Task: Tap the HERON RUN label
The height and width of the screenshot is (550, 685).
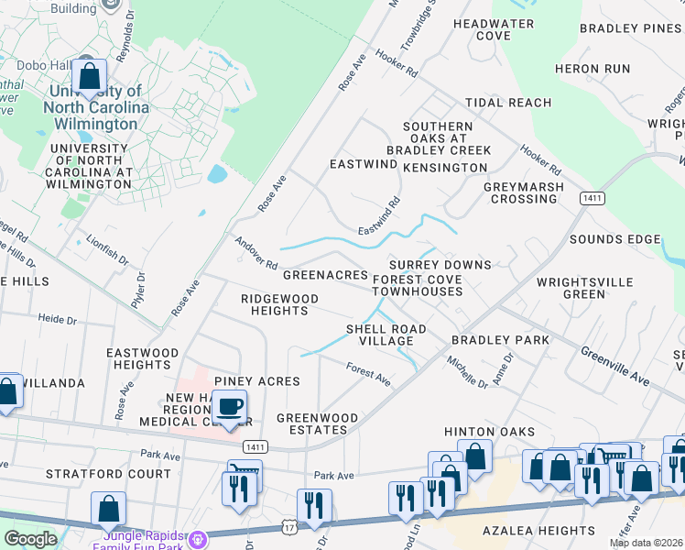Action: tap(593, 69)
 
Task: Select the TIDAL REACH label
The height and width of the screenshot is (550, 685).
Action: tap(508, 103)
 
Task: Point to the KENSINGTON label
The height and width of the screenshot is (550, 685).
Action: tap(445, 168)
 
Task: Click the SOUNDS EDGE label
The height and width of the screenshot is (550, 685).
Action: tap(614, 239)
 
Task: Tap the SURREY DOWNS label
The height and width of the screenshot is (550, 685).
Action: tap(440, 265)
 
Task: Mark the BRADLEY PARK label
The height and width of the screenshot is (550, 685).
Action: tap(500, 340)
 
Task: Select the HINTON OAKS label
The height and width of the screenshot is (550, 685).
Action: tap(476, 431)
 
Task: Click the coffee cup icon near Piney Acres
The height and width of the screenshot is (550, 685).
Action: tap(229, 406)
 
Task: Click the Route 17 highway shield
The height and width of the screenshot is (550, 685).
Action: tap(289, 529)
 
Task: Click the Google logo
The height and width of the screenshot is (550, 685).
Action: tap(30, 539)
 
